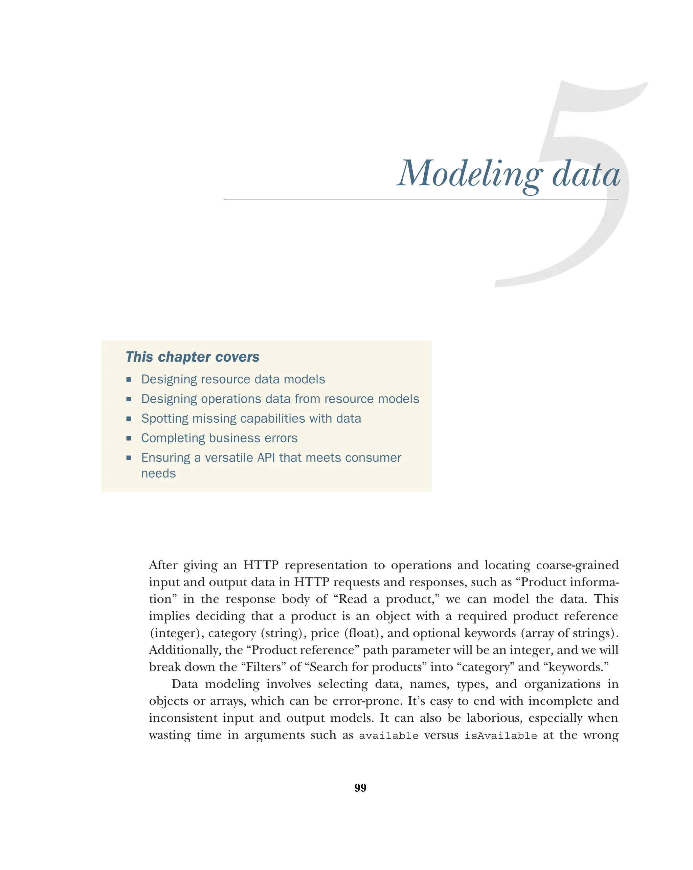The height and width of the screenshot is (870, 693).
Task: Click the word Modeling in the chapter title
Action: pos(469,174)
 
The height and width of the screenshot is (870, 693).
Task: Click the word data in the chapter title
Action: pos(585,174)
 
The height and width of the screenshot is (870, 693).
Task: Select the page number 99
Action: pos(360,788)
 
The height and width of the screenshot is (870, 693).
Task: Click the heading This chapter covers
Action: pos(192,357)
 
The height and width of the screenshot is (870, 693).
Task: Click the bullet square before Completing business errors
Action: pos(129,438)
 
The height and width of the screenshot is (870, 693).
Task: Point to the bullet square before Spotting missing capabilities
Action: pos(129,419)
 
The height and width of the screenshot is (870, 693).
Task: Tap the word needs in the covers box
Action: pos(158,473)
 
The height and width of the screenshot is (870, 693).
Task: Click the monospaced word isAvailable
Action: pos(500,736)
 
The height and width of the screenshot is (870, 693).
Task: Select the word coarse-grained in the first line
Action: pos(577,565)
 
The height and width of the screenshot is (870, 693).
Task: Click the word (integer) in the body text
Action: pos(175,633)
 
